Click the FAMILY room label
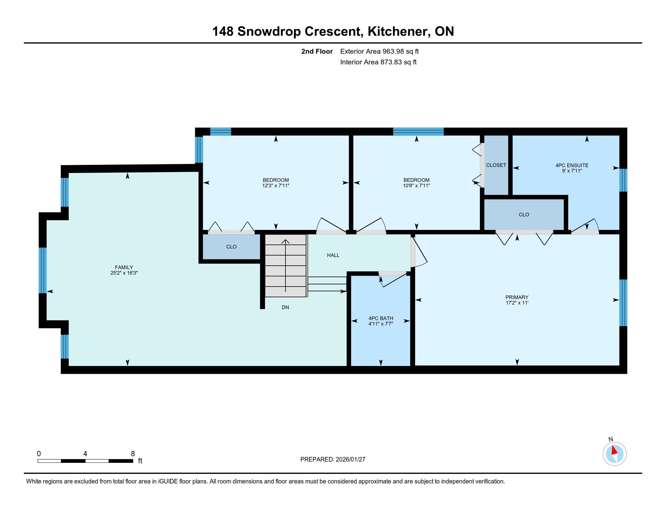(x=124, y=267)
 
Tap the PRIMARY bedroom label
(x=517, y=297)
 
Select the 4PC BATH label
(x=381, y=318)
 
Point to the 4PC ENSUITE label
(x=572, y=165)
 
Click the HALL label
(x=333, y=255)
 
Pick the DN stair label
(x=285, y=307)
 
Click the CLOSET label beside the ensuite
(x=496, y=165)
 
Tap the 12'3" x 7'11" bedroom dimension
(x=276, y=185)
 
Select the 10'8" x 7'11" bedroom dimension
(x=417, y=185)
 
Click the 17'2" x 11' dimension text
(x=517, y=303)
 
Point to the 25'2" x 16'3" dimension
(x=124, y=273)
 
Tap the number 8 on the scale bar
(x=133, y=454)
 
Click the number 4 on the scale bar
(x=85, y=454)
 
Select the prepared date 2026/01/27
(x=350, y=460)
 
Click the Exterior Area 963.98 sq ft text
(x=379, y=51)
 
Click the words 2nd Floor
(x=317, y=51)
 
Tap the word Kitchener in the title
(x=399, y=31)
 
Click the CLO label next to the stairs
(x=232, y=247)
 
